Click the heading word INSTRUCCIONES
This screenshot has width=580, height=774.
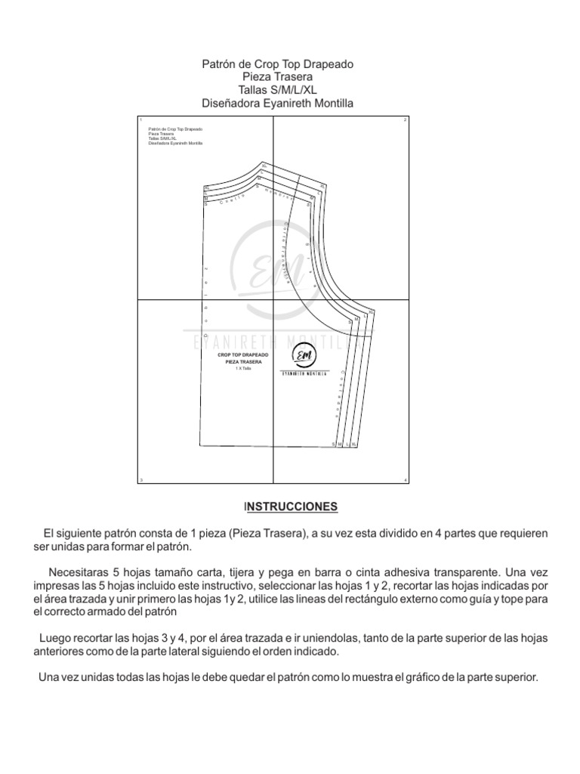pyautogui.click(x=290, y=505)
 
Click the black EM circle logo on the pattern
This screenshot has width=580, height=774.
pyautogui.click(x=304, y=356)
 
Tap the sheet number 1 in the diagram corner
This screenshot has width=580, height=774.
pyautogui.click(x=140, y=120)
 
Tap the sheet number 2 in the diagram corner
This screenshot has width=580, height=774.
pyautogui.click(x=406, y=120)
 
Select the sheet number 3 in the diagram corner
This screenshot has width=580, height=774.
pyautogui.click(x=140, y=480)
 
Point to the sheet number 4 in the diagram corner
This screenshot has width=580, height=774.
pyautogui.click(x=406, y=480)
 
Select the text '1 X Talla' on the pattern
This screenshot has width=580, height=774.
pyautogui.click(x=242, y=368)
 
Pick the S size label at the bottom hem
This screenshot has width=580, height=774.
pyautogui.click(x=334, y=445)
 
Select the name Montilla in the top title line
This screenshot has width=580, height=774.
pyautogui.click(x=328, y=103)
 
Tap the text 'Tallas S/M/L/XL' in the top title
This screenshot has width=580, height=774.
pyautogui.click(x=277, y=90)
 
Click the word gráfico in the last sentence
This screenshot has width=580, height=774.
pyautogui.click(x=433, y=677)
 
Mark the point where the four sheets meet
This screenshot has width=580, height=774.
pyautogui.click(x=273, y=300)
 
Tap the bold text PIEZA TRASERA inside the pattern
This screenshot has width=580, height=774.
pyautogui.click(x=243, y=362)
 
